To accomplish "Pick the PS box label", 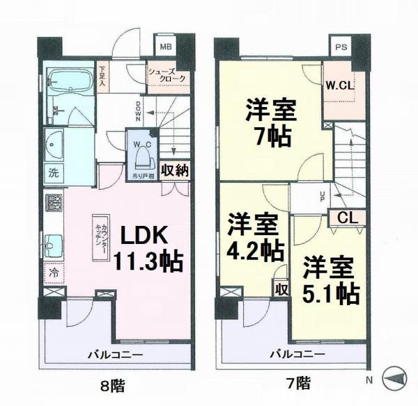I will click(340, 48).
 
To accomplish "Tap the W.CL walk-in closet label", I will click(339, 86).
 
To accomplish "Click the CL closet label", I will click(348, 217).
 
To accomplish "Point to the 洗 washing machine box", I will click(54, 170).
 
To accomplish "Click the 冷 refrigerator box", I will click(54, 273).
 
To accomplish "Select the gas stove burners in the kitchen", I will click(54, 203).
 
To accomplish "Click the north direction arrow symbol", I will click(394, 378).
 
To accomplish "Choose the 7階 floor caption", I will click(298, 382).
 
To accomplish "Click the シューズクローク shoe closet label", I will click(167, 74).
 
